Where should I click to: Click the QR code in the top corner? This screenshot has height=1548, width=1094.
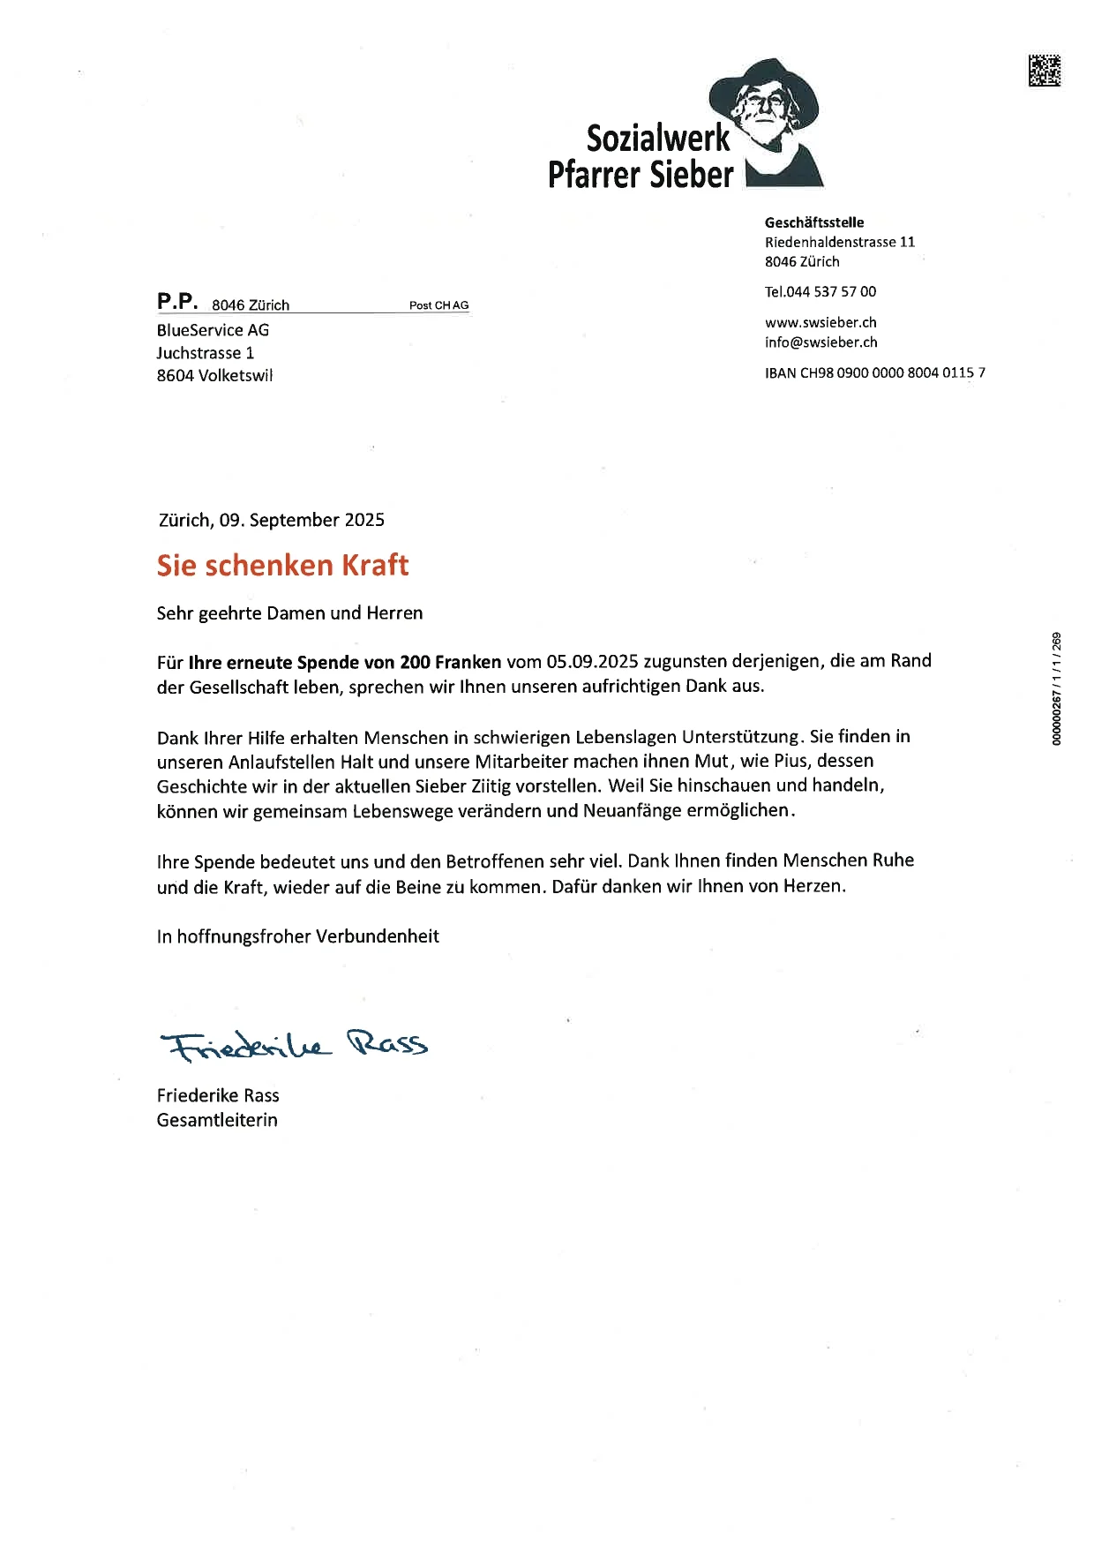[1044, 71]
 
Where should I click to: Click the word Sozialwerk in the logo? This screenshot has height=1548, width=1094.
[658, 139]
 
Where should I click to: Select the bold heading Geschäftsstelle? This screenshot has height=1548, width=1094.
[814, 222]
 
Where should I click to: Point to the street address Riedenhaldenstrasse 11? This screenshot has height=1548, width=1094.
[840, 242]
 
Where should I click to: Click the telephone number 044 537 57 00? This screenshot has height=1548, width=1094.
[831, 291]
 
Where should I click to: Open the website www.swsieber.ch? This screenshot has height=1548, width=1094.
[820, 322]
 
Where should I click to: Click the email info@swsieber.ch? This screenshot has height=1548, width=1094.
[820, 342]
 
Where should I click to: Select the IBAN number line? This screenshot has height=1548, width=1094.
[875, 372]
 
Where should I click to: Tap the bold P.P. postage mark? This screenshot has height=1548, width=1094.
[177, 302]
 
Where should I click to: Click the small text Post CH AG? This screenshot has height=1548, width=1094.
[438, 305]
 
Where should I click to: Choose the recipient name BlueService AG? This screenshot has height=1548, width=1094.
[213, 330]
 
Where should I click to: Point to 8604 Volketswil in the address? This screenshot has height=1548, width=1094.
[214, 375]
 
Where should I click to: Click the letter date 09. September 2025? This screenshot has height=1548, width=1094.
[302, 520]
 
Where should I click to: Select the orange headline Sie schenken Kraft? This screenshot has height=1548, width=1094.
[282, 565]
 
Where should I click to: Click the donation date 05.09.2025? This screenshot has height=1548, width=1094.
[591, 661]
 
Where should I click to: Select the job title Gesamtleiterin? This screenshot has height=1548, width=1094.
[217, 1120]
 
